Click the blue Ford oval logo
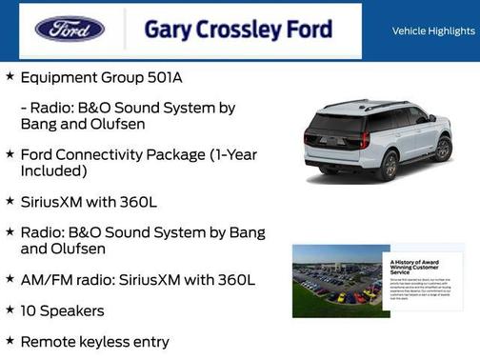coord(70,30)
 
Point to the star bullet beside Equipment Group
coord(10,73)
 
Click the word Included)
coord(54,170)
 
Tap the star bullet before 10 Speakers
coord(10,310)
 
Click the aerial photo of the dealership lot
coord(335,280)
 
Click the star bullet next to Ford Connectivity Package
coord(10,153)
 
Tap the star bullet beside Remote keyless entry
coord(10,340)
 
